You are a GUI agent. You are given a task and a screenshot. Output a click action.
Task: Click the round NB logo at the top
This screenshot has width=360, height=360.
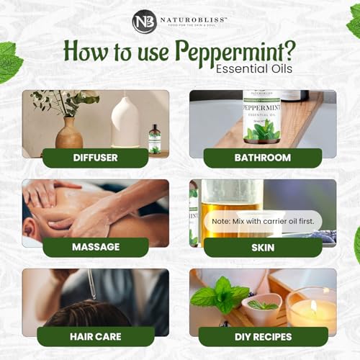pyautogui.click(x=143, y=21)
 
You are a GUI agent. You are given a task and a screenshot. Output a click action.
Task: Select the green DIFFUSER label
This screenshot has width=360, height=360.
pyautogui.click(x=95, y=158)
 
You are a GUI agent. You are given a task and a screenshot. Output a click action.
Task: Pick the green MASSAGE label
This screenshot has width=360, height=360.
pyautogui.click(x=95, y=247)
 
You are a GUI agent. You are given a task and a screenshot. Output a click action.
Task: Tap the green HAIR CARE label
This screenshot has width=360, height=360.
pyautogui.click(x=95, y=336)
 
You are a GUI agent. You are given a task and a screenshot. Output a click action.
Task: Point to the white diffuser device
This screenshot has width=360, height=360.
pyautogui.click(x=126, y=122)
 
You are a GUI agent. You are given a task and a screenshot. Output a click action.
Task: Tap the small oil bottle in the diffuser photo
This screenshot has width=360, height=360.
pyautogui.click(x=154, y=139)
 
